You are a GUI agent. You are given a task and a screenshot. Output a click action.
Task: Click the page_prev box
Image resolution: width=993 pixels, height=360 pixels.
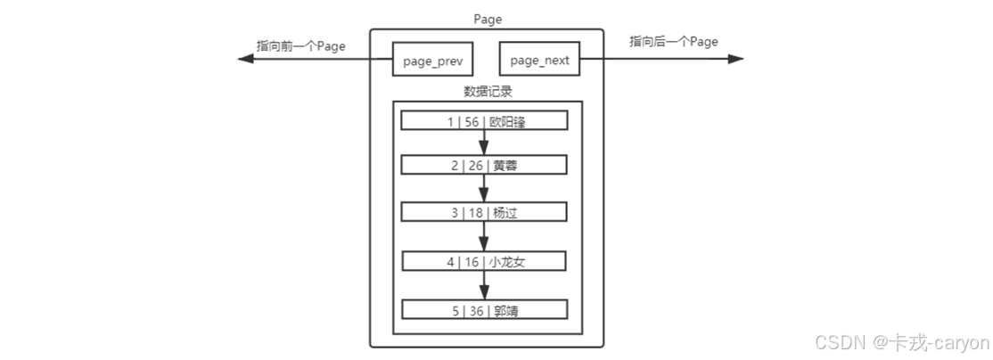tap(432, 60)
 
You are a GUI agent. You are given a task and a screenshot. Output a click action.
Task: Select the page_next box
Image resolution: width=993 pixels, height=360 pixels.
tap(539, 60)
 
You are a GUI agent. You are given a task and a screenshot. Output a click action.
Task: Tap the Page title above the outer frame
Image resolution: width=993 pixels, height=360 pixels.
tap(487, 20)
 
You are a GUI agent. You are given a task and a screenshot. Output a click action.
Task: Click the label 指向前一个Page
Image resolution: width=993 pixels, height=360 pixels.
tap(300, 45)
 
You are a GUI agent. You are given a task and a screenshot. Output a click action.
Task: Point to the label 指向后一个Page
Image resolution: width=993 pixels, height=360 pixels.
tap(673, 42)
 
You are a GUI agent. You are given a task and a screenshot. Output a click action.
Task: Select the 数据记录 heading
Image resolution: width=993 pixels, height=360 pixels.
tap(487, 91)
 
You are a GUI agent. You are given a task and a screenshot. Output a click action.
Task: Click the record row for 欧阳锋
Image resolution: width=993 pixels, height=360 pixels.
tap(484, 121)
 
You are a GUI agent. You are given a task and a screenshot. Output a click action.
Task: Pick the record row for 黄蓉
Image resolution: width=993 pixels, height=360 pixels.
tap(484, 165)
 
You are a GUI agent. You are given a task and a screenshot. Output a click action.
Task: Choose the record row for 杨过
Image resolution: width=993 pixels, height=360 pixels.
tap(484, 212)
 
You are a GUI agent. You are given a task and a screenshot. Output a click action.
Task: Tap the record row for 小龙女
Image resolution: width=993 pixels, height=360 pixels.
tap(484, 261)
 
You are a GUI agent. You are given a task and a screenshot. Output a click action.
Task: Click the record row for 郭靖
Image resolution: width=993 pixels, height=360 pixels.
tap(484, 310)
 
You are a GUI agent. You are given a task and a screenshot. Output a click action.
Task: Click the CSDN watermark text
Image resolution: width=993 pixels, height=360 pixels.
tap(900, 341)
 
